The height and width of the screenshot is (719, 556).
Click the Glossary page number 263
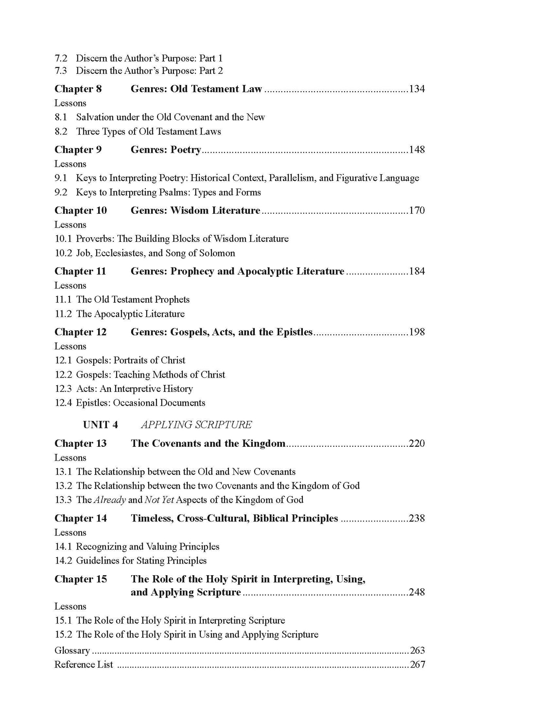(417, 650)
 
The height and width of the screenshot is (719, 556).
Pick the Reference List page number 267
(417, 664)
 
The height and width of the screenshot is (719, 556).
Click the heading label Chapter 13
(80, 443)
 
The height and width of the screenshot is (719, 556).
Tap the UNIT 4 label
(100, 425)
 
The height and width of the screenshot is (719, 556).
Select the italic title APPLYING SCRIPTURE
(196, 425)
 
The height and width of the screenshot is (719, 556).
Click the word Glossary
(72, 651)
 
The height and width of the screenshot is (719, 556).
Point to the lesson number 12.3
(63, 389)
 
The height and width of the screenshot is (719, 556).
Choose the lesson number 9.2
(61, 192)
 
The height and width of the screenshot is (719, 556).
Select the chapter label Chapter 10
(80, 210)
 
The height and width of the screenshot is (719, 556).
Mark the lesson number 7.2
(61, 58)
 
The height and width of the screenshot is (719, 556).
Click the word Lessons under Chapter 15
(70, 606)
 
